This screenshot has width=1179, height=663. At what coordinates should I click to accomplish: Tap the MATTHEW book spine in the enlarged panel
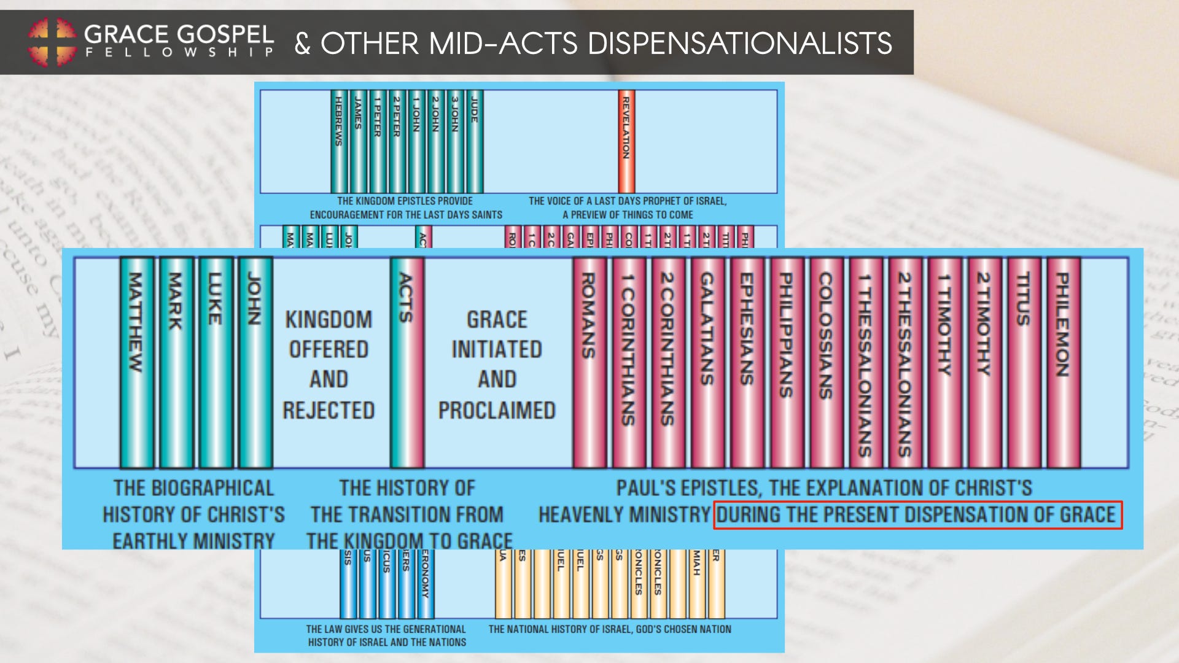point(136,362)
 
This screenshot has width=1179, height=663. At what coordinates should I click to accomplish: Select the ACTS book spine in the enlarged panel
point(407,362)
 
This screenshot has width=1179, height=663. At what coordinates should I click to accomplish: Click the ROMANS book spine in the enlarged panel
point(589,362)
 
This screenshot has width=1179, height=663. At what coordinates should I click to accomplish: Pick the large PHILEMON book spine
point(1063,362)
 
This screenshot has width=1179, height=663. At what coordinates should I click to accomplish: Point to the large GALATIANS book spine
point(707,362)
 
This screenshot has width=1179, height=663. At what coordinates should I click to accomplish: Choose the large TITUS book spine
point(1023,362)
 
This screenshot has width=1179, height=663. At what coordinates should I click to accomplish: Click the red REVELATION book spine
point(626,141)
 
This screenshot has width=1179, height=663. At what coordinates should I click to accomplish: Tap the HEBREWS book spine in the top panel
point(338,141)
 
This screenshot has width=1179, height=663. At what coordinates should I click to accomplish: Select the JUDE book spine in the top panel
point(474,141)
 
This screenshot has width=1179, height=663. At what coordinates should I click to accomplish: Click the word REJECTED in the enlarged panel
point(329,410)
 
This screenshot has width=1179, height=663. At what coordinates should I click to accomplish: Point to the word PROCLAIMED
point(497,410)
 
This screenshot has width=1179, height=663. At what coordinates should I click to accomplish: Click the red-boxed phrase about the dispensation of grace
point(917,514)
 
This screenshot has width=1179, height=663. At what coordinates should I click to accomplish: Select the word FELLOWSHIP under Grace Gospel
point(179,53)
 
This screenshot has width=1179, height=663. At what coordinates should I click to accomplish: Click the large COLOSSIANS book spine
point(826,362)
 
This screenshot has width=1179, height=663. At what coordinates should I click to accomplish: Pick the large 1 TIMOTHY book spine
point(944,362)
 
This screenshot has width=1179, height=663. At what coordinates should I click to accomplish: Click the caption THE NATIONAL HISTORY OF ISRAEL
point(610,629)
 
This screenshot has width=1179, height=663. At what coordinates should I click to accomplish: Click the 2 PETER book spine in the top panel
point(397,141)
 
